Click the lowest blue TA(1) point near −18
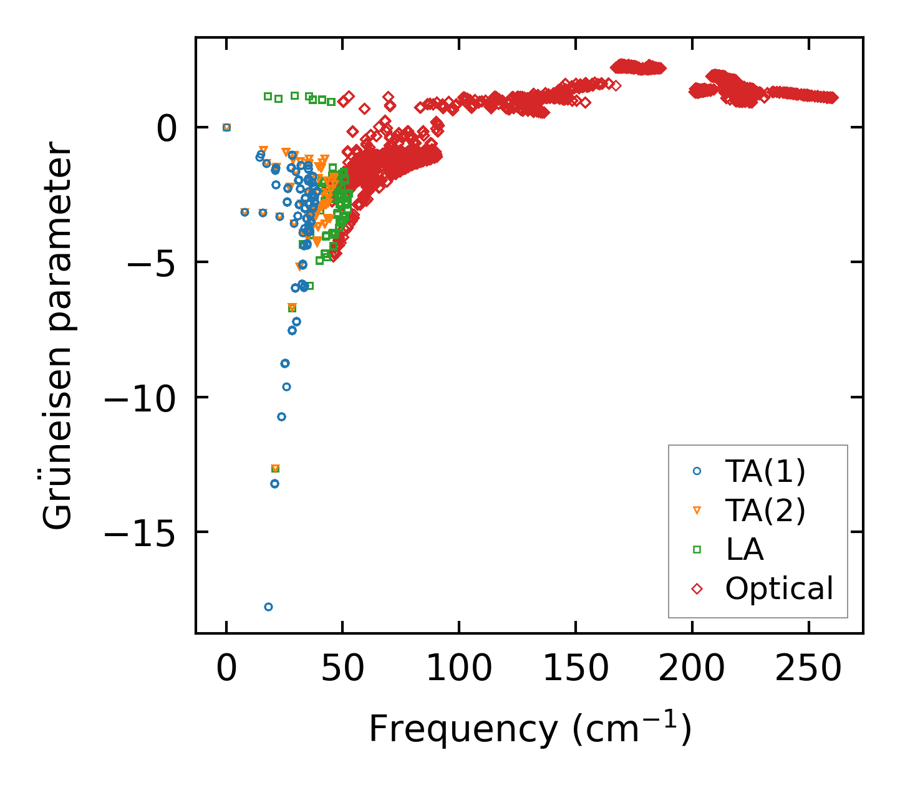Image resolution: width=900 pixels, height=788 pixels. click(x=268, y=607)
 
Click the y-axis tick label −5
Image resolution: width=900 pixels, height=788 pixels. click(x=150, y=262)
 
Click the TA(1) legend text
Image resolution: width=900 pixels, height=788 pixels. click(x=765, y=472)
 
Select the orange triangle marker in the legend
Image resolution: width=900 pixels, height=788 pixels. click(x=697, y=511)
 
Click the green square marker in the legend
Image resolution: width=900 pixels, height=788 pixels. click(x=697, y=549)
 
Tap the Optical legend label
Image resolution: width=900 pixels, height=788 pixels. click(x=779, y=589)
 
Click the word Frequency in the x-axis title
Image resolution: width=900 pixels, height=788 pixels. click(x=462, y=728)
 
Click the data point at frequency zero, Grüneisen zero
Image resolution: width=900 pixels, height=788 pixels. click(x=226, y=127)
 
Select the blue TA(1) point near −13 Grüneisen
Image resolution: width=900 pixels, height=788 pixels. click(x=274, y=483)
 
